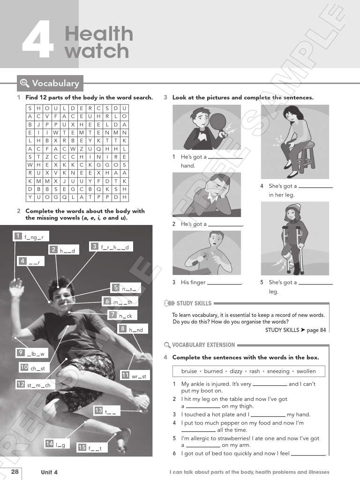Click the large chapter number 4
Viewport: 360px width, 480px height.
click(37, 42)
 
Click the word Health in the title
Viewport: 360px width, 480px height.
click(99, 34)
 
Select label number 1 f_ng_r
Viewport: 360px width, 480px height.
click(31, 237)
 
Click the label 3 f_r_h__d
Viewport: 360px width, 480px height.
click(112, 247)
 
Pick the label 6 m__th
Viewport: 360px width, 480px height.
click(120, 301)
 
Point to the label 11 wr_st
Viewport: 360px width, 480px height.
click(135, 375)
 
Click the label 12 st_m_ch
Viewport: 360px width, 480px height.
click(36, 385)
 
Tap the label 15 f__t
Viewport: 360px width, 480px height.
click(93, 448)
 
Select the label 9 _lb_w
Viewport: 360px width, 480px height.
click(33, 353)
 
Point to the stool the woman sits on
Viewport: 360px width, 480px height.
click(305, 159)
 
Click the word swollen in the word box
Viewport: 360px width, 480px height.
click(306, 371)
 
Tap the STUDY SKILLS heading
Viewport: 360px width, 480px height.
click(193, 303)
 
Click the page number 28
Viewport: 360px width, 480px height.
click(15, 472)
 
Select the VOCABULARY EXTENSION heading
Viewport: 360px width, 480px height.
click(203, 345)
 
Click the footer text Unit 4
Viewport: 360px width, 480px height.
click(49, 472)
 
